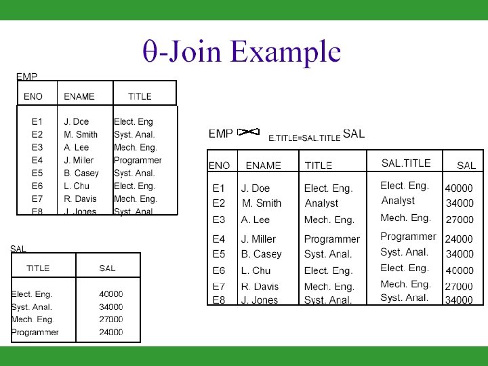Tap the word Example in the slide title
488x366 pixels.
coord(285,52)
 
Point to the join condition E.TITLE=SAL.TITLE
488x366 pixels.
coord(304,138)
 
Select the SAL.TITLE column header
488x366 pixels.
coord(406,163)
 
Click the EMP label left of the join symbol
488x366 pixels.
coord(221,134)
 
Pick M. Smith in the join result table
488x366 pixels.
coord(262,203)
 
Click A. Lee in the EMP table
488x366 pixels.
coord(76,147)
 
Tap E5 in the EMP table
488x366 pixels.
coord(37,173)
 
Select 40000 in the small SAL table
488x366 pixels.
coord(111,294)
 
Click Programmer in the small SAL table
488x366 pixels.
coord(35,332)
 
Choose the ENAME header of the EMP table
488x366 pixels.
coord(79,96)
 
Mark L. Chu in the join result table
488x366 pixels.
coord(256,270)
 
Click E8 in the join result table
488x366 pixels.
coord(219,300)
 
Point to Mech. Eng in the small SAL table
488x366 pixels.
coord(32,319)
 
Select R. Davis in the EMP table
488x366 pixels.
coord(80,199)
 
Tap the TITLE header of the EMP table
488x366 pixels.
coord(140,96)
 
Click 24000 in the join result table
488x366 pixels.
coord(459,239)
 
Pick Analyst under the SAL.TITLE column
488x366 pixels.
coord(398,201)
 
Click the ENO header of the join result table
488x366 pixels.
coord(219,165)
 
